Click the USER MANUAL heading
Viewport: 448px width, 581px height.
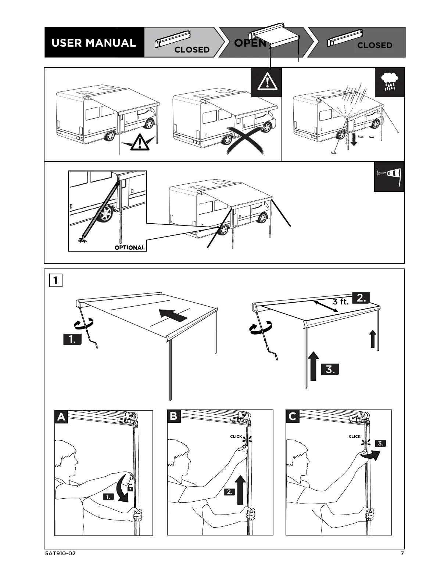(94, 43)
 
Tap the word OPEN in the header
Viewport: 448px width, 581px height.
(250, 43)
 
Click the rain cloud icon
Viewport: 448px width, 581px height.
(389, 82)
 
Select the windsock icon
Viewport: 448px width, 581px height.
(390, 177)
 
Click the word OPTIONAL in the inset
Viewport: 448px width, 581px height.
(130, 248)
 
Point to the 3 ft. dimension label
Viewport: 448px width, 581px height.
(340, 302)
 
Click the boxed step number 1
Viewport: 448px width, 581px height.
(55, 281)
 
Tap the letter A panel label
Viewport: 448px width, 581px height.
(61, 417)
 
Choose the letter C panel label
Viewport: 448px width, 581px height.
(293, 416)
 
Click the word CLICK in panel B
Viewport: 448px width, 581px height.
(236, 437)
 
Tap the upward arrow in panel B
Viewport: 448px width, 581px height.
(240, 490)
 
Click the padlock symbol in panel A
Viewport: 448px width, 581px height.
(130, 488)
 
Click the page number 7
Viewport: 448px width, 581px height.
(402, 553)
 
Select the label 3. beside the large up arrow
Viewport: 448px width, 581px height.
(330, 369)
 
